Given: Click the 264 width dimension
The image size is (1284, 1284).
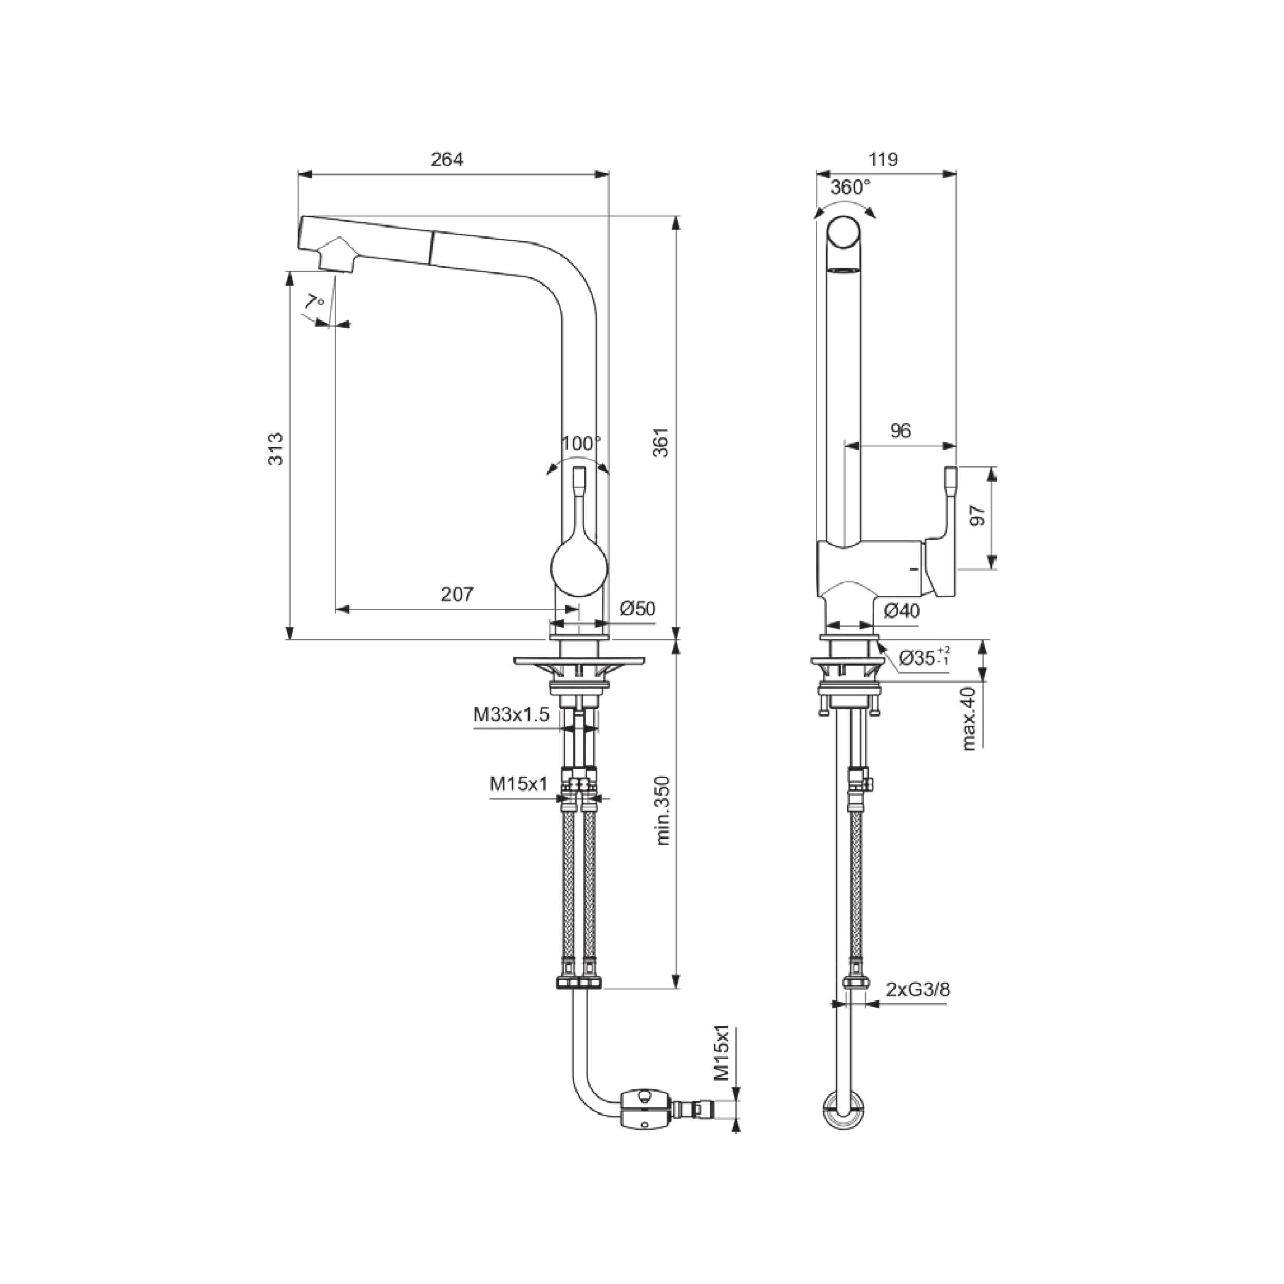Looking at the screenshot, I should click(447, 160).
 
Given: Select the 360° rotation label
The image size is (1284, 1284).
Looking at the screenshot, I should click(850, 187).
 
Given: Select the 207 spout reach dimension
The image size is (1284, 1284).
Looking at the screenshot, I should click(457, 594).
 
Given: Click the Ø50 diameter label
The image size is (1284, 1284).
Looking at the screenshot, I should click(637, 609).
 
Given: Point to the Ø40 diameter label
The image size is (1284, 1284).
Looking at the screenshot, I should click(902, 610).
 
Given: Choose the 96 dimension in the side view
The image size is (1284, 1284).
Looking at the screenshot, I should click(900, 431).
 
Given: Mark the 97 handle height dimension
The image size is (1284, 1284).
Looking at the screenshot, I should click(977, 516).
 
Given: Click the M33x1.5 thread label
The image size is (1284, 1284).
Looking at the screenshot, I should click(511, 714).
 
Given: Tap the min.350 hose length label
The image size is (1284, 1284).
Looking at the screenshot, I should click(663, 810).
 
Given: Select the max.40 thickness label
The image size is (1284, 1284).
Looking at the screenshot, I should click(970, 719).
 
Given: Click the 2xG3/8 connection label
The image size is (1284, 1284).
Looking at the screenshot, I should click(918, 1008).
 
